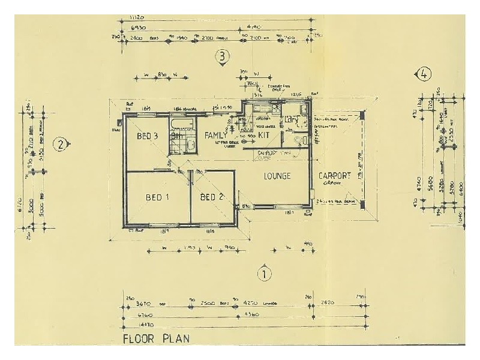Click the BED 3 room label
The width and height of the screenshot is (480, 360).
[x=147, y=136]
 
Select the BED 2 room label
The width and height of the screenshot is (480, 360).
[x=212, y=197]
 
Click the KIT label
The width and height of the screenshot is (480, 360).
[x=265, y=136]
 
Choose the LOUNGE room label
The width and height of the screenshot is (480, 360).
[x=277, y=176]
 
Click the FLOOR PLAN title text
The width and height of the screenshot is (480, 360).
[x=156, y=338]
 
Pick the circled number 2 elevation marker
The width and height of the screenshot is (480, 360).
[x=60, y=144]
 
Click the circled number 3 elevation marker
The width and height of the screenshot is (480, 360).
[x=223, y=57]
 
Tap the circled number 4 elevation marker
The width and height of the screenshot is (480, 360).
[x=424, y=74]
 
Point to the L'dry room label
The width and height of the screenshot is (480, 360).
[x=292, y=119]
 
